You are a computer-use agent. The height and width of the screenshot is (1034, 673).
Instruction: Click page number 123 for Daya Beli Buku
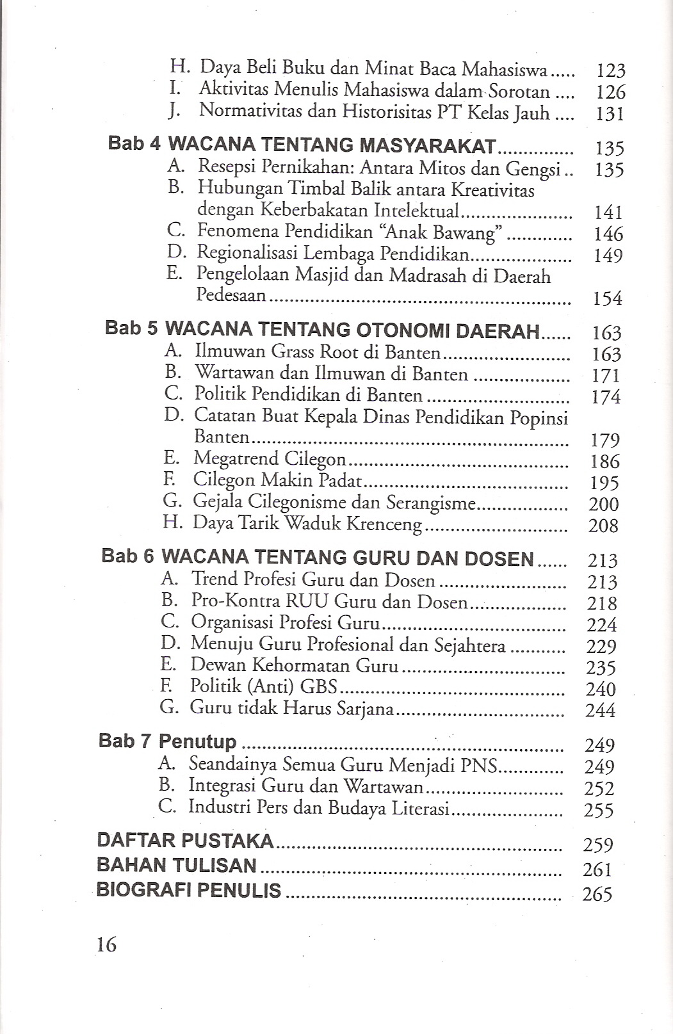click(x=610, y=70)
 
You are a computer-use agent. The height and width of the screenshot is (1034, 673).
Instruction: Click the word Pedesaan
click(x=231, y=296)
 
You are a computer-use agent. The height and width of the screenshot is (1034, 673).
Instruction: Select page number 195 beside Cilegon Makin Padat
click(x=605, y=483)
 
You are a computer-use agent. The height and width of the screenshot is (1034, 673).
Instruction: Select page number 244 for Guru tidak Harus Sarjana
click(x=601, y=710)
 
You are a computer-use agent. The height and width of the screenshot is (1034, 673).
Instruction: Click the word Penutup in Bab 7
click(x=197, y=743)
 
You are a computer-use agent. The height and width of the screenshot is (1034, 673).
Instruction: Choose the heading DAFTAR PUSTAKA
click(x=185, y=841)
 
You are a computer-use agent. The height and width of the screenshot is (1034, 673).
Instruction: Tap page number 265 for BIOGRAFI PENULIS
click(x=597, y=894)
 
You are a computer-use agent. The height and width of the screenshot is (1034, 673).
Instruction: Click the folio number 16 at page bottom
click(x=107, y=944)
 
